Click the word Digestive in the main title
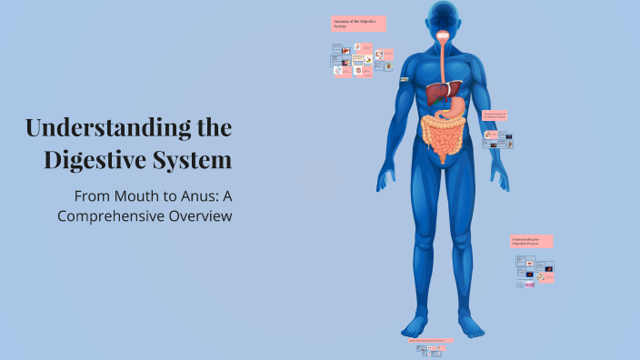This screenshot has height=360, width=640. [101, 161]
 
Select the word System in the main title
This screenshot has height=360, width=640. [195, 161]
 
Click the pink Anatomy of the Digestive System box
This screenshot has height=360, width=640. [358, 24]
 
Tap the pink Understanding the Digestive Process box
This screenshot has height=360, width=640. [531, 241]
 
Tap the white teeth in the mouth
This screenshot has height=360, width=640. [443, 36]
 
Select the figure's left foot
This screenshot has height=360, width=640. [470, 325]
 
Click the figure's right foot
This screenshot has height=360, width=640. [415, 325]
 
